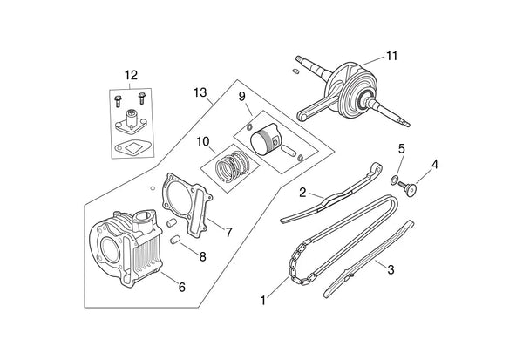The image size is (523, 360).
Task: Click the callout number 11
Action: point(391,56)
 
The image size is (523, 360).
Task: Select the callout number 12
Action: point(131,74)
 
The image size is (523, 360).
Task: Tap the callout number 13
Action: point(200,92)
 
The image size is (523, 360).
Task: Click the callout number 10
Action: point(203,140)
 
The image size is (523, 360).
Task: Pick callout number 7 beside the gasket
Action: point(228,232)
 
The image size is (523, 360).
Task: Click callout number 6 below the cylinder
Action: point(181,286)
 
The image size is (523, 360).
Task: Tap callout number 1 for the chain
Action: point(264,301)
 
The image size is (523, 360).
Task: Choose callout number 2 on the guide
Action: point(301,191)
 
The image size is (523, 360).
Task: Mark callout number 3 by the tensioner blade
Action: point(391,270)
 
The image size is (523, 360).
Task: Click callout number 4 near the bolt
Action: point(434,163)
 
